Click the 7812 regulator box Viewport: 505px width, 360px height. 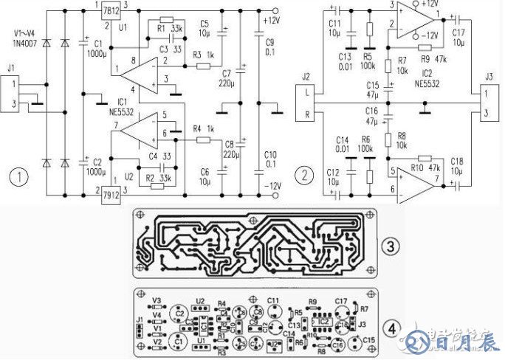(112, 11)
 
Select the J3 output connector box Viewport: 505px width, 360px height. (489, 103)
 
